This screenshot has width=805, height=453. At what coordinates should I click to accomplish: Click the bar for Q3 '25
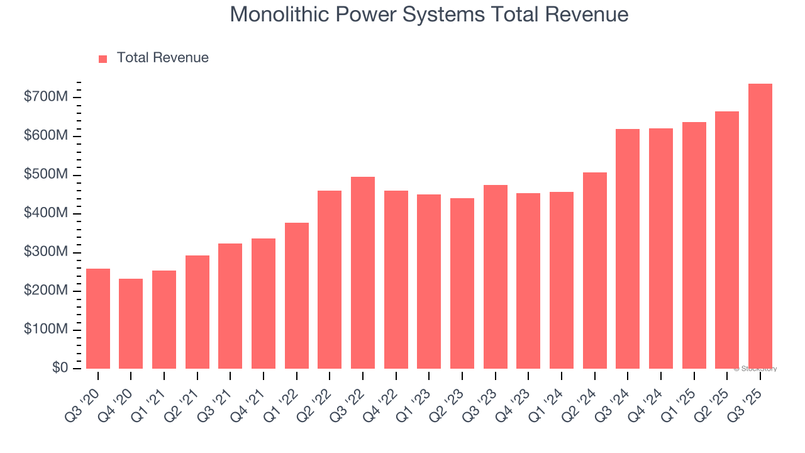tap(760, 226)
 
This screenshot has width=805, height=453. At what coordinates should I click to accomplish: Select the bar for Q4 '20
tap(131, 323)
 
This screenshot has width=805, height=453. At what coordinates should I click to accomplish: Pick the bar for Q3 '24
tap(628, 249)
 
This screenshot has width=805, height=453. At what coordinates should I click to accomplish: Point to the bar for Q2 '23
tap(462, 283)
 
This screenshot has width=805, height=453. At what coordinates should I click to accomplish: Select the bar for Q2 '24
tap(595, 271)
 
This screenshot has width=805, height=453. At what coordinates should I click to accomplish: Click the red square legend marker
tap(103, 59)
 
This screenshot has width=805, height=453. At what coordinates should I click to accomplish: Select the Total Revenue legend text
tap(163, 58)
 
